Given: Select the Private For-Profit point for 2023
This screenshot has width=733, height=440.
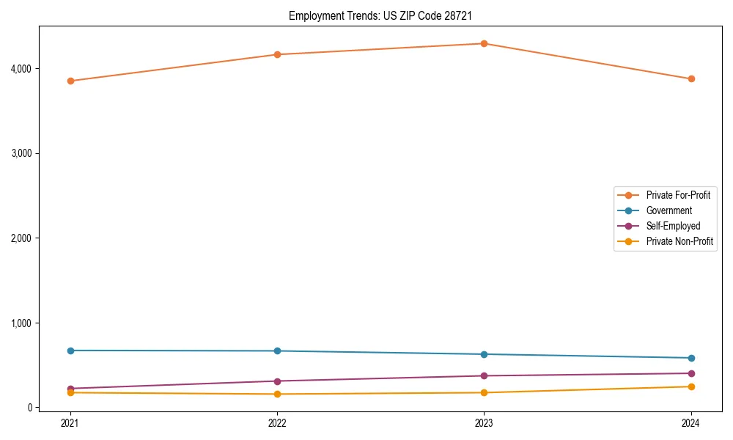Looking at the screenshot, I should [x=484, y=43].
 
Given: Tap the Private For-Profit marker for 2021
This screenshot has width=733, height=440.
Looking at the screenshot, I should [x=70, y=81].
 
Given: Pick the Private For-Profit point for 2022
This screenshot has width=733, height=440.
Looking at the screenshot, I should [x=277, y=54].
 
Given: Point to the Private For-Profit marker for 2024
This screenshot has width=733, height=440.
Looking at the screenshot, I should [x=690, y=78].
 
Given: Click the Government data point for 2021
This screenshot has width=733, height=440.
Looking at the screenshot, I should [x=70, y=351].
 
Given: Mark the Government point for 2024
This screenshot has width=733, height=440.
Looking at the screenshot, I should [x=690, y=358].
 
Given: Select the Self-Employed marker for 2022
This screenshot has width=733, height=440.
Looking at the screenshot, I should [x=277, y=381].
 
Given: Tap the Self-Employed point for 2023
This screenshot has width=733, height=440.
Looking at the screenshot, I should [x=484, y=376].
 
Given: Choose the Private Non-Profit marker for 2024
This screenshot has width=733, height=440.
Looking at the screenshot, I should [x=690, y=386].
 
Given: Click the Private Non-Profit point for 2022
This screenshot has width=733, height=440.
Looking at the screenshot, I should [x=277, y=395].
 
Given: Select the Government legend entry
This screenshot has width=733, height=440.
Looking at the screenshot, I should [x=668, y=210].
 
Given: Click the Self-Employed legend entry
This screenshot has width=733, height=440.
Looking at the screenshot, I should [x=673, y=226].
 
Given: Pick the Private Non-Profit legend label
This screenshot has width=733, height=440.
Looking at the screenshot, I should [x=679, y=241].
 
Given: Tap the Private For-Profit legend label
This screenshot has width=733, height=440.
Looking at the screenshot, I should [x=678, y=195].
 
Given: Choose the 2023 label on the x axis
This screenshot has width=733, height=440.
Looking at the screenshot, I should [x=484, y=422].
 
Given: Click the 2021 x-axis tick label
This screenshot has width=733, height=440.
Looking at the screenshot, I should [x=70, y=422].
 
